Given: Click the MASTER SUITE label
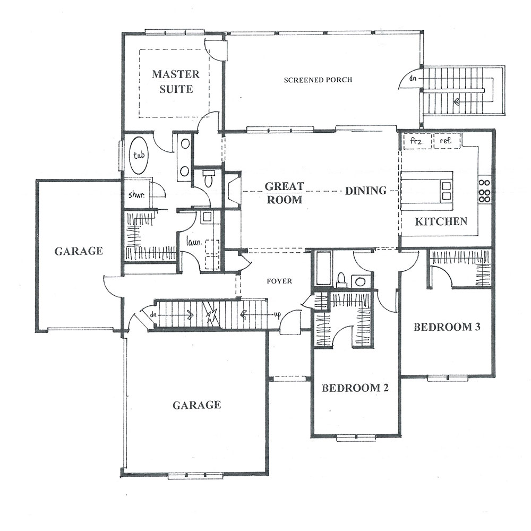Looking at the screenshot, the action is (x=176, y=81).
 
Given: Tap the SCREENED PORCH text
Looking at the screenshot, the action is (x=318, y=80).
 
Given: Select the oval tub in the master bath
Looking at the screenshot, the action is (x=139, y=155).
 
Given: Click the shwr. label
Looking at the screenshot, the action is (x=136, y=195).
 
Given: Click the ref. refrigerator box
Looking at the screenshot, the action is (x=447, y=141).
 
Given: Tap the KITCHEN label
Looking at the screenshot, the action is (x=441, y=221).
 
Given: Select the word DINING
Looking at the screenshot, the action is (x=366, y=190).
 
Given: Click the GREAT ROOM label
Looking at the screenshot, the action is (x=284, y=193).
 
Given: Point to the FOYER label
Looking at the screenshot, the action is (x=279, y=281).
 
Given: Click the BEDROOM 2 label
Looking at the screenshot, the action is (x=355, y=388).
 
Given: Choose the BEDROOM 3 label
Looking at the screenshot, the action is (x=447, y=327).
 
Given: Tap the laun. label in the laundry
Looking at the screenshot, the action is (x=194, y=242).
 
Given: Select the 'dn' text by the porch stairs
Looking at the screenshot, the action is (x=413, y=78).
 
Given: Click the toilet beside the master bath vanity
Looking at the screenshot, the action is (x=207, y=178).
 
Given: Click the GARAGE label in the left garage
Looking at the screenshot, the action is (x=79, y=251).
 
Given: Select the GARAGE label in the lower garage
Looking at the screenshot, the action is (x=197, y=405).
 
